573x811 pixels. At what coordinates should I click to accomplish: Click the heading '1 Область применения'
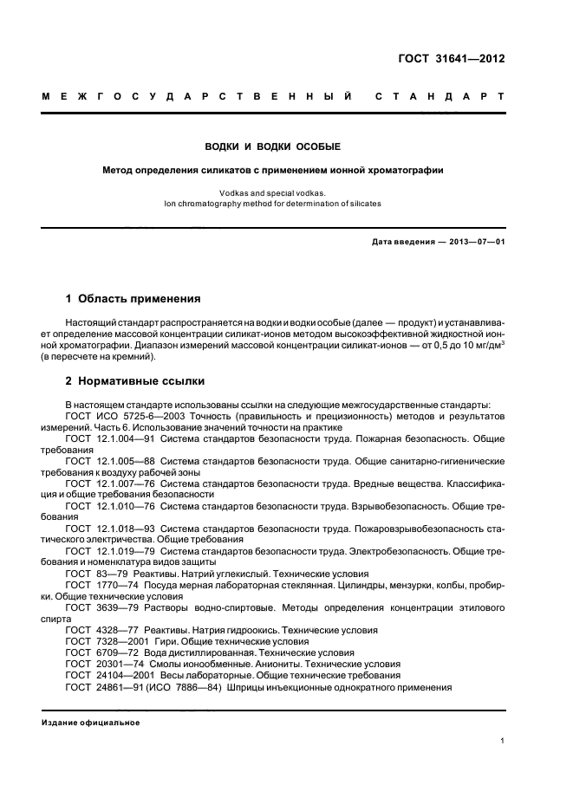point(133,299)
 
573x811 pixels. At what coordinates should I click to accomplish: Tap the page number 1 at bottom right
point(502,742)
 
